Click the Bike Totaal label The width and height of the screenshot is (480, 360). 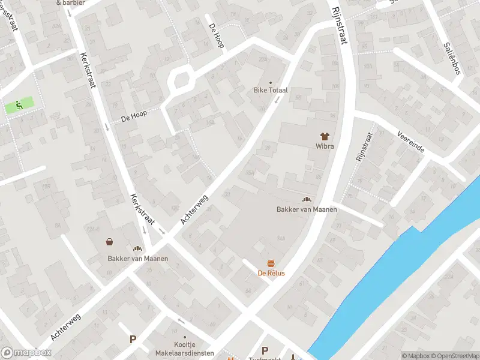(x=270, y=90)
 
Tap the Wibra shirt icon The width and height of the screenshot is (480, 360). (x=325, y=137)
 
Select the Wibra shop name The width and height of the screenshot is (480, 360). (x=325, y=146)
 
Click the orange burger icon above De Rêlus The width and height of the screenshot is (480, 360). (x=271, y=263)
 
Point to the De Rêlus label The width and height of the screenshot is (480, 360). (x=271, y=273)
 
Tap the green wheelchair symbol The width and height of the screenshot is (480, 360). (x=19, y=106)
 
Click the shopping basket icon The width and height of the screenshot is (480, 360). (x=110, y=242)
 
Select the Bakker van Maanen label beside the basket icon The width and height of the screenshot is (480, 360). (x=137, y=259)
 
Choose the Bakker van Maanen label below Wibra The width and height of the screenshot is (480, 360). (x=307, y=209)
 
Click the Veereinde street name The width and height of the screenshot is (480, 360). (x=411, y=142)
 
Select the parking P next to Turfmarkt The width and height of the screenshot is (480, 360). (x=265, y=350)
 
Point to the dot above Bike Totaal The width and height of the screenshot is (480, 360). (x=270, y=82)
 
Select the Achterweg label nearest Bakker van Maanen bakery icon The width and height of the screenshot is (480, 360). (x=194, y=209)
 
